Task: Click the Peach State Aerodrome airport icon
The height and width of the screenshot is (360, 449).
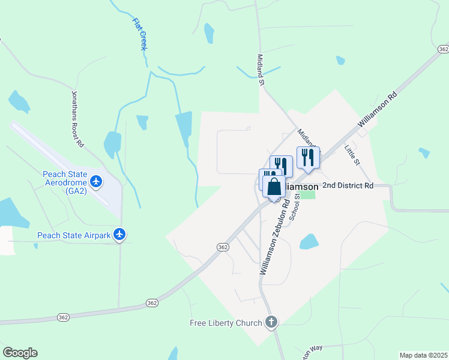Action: [x=96, y=179]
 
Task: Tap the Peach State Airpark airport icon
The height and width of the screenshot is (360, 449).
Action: [x=120, y=235]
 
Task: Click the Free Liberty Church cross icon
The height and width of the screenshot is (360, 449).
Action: [x=271, y=323]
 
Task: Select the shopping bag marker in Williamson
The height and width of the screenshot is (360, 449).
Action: [x=274, y=188]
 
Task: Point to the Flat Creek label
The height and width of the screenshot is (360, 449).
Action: [x=139, y=33]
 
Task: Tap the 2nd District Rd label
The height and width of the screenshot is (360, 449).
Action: [x=348, y=186]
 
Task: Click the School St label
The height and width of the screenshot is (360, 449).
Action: [x=295, y=208]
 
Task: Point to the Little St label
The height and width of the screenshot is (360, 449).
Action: [x=352, y=154]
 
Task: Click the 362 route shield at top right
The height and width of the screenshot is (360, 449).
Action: [x=443, y=49]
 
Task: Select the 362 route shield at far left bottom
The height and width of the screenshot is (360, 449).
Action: [x=63, y=316]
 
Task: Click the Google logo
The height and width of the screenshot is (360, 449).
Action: [x=20, y=353]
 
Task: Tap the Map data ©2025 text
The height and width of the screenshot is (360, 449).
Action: [x=423, y=355]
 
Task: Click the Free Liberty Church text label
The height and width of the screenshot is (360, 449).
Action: [x=226, y=323]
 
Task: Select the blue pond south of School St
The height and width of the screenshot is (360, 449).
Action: [x=309, y=242]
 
